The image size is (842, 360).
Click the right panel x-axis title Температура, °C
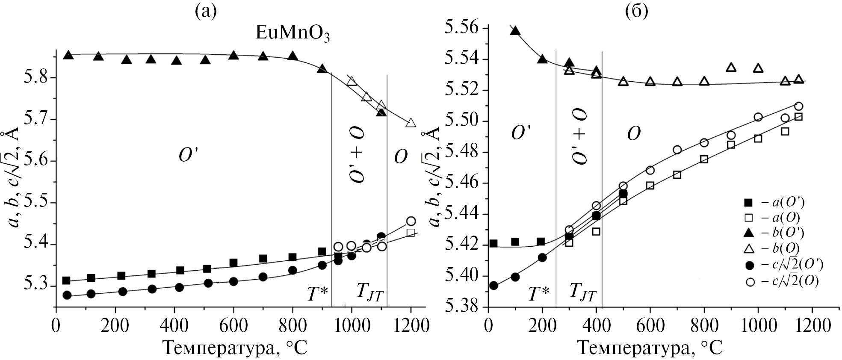click(650, 348)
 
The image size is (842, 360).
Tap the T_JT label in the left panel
click(370, 295)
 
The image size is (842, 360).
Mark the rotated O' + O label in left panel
click(357, 154)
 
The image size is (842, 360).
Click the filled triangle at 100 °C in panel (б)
click(515, 31)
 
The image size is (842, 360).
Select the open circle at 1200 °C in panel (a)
click(411, 221)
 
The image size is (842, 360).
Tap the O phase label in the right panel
click(634, 134)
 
